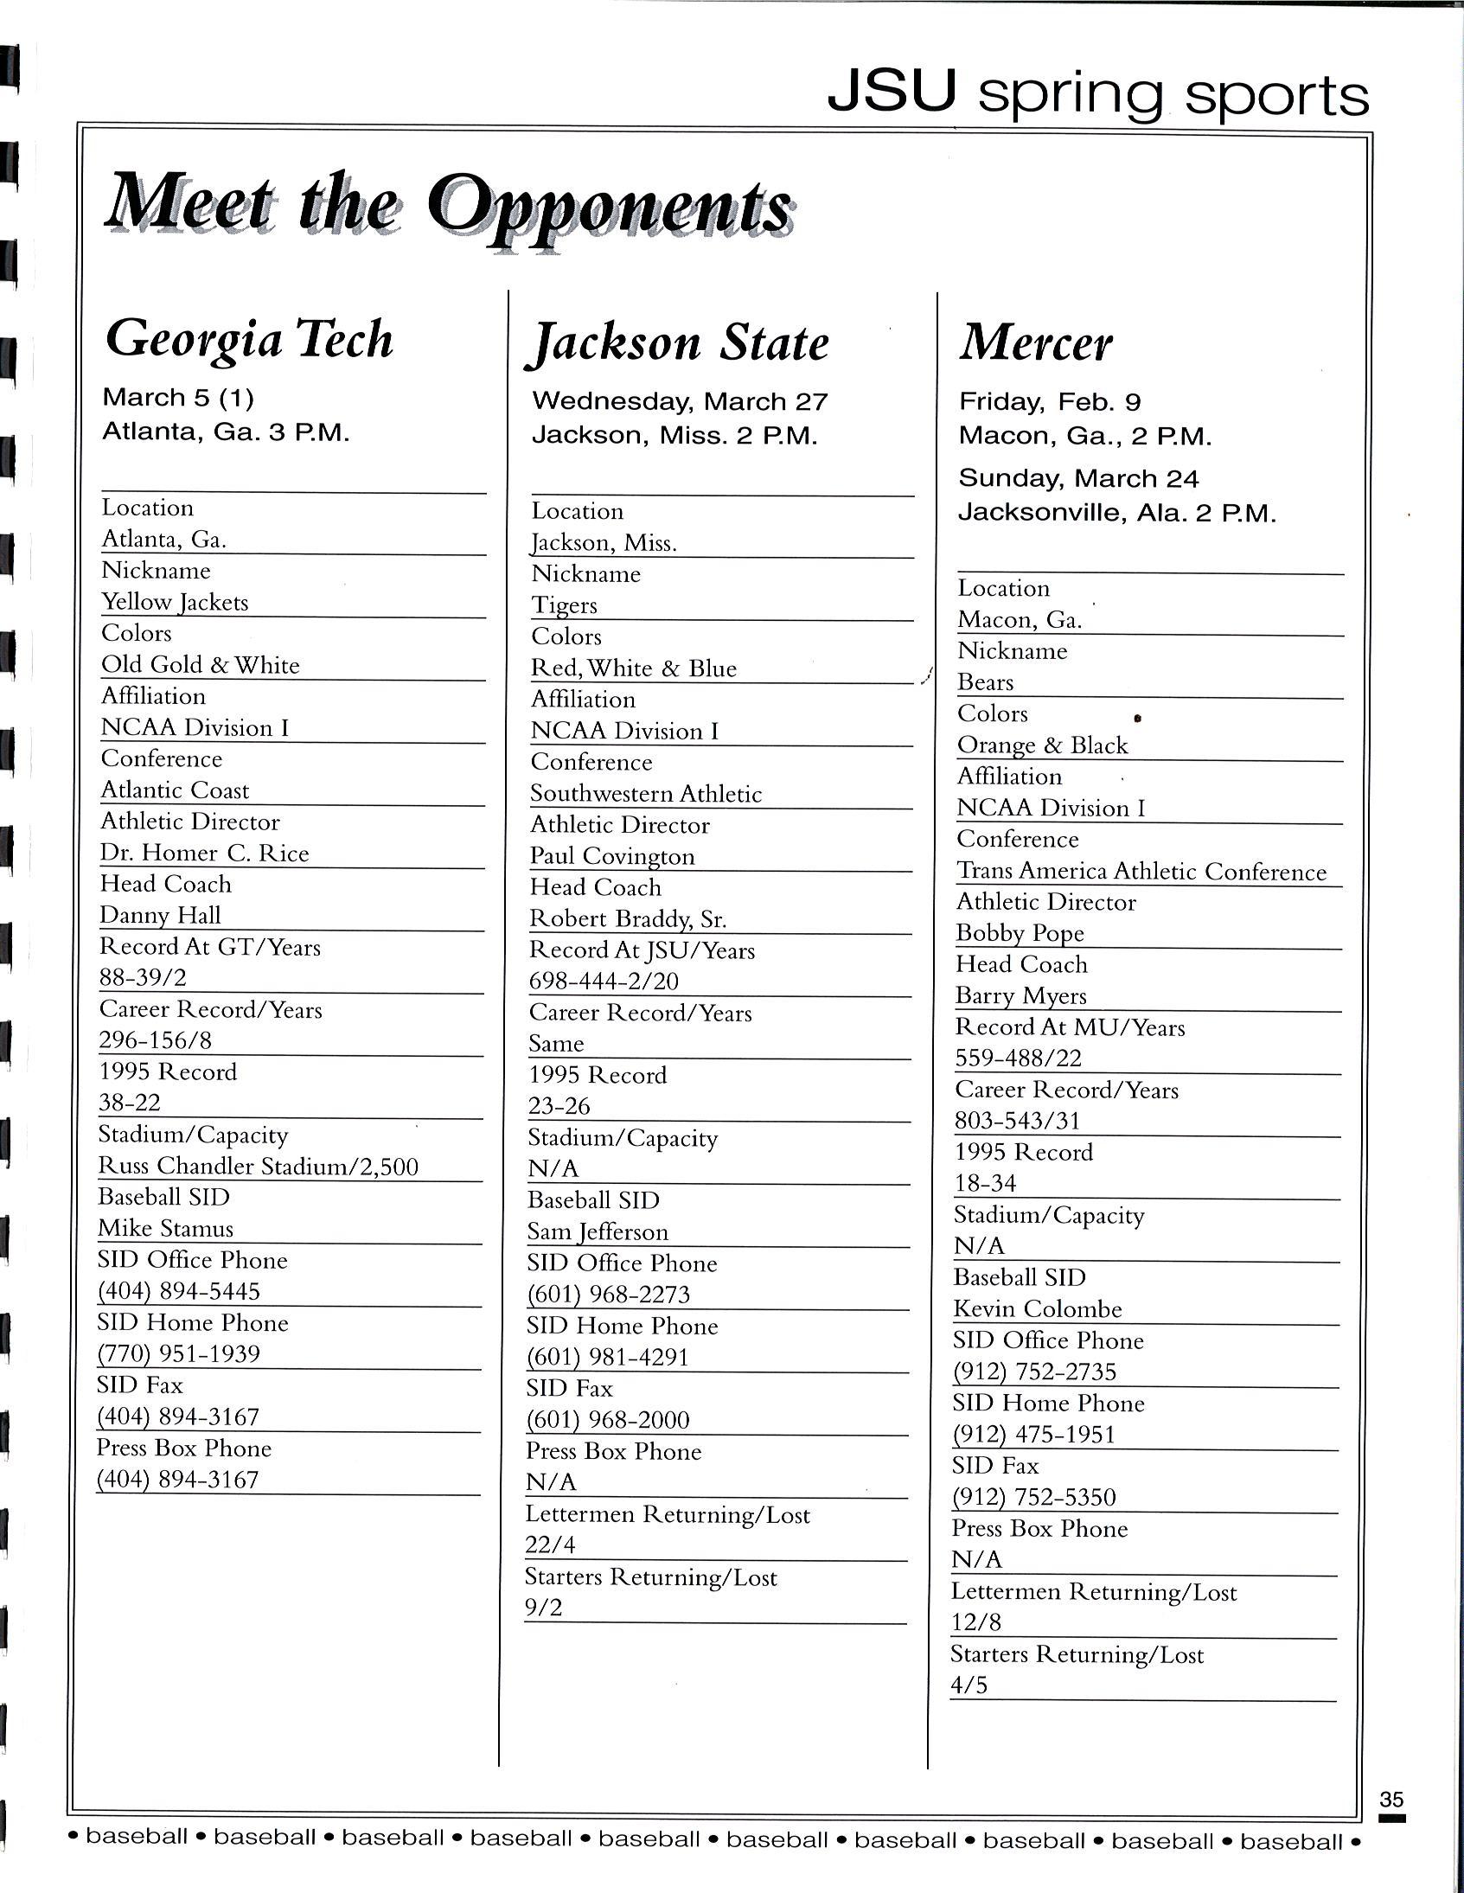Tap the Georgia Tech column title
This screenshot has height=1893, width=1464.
pyautogui.click(x=250, y=339)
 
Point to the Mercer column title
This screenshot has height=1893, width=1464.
pyautogui.click(x=1036, y=343)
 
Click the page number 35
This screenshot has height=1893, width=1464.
pyautogui.click(x=1391, y=1800)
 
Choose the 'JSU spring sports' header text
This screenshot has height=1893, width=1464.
pyautogui.click(x=1097, y=94)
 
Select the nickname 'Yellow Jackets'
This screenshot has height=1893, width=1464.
pyautogui.click(x=175, y=603)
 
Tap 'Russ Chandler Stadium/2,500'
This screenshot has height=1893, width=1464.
pyautogui.click(x=259, y=1167)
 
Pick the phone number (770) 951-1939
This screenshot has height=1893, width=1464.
pyautogui.click(x=178, y=1354)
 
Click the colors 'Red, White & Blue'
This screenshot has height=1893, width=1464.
pyautogui.click(x=634, y=668)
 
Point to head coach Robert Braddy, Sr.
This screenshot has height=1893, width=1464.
pyautogui.click(x=629, y=918)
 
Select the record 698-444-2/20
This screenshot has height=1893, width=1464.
pyautogui.click(x=604, y=982)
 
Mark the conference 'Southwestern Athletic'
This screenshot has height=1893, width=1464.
pyautogui.click(x=646, y=794)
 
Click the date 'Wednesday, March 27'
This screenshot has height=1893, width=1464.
pyautogui.click(x=680, y=401)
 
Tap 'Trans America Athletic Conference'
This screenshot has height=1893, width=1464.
pyautogui.click(x=1141, y=871)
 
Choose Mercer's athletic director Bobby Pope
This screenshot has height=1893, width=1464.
pyautogui.click(x=1020, y=933)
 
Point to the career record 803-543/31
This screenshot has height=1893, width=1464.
pyautogui.click(x=1018, y=1121)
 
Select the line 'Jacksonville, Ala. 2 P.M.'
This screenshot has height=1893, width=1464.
pyautogui.click(x=1116, y=513)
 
